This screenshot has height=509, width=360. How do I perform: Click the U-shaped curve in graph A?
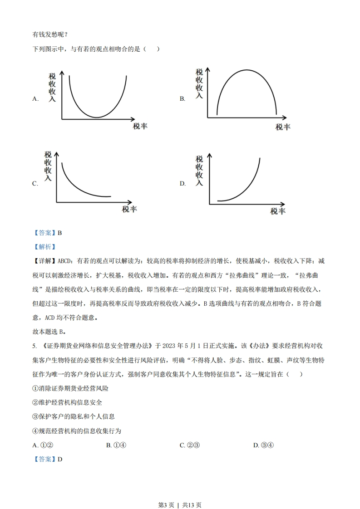(x=97, y=117)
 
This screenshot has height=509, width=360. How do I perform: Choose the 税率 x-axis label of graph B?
(x=283, y=127)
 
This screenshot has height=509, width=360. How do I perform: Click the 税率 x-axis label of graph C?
(x=129, y=209)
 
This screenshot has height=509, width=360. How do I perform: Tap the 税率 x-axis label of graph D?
(x=278, y=211)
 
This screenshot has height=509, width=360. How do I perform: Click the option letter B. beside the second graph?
(x=182, y=99)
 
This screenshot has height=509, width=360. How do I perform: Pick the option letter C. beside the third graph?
(x=35, y=184)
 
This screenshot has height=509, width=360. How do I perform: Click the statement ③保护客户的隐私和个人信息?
(x=74, y=416)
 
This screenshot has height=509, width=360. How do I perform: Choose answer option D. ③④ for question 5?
(x=263, y=445)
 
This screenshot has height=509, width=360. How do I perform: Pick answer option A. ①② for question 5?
(x=43, y=445)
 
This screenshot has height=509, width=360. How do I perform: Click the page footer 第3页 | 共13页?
(x=180, y=492)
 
